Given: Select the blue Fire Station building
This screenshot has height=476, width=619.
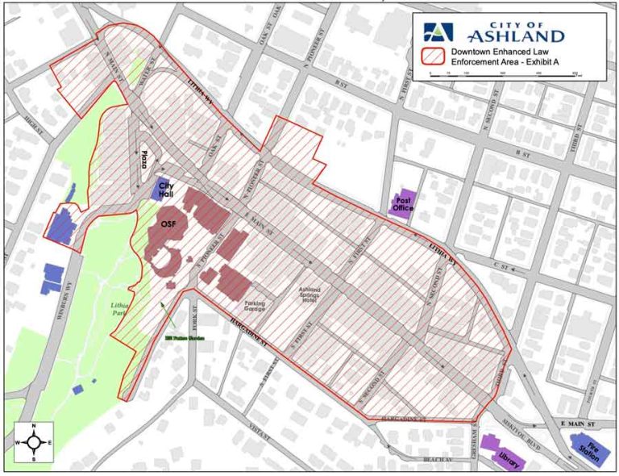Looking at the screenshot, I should (586, 447).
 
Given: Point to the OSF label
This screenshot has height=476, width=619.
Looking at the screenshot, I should (168, 223).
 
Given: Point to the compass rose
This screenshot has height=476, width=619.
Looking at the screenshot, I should (34, 443).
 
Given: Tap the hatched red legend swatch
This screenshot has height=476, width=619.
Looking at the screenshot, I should (433, 57).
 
